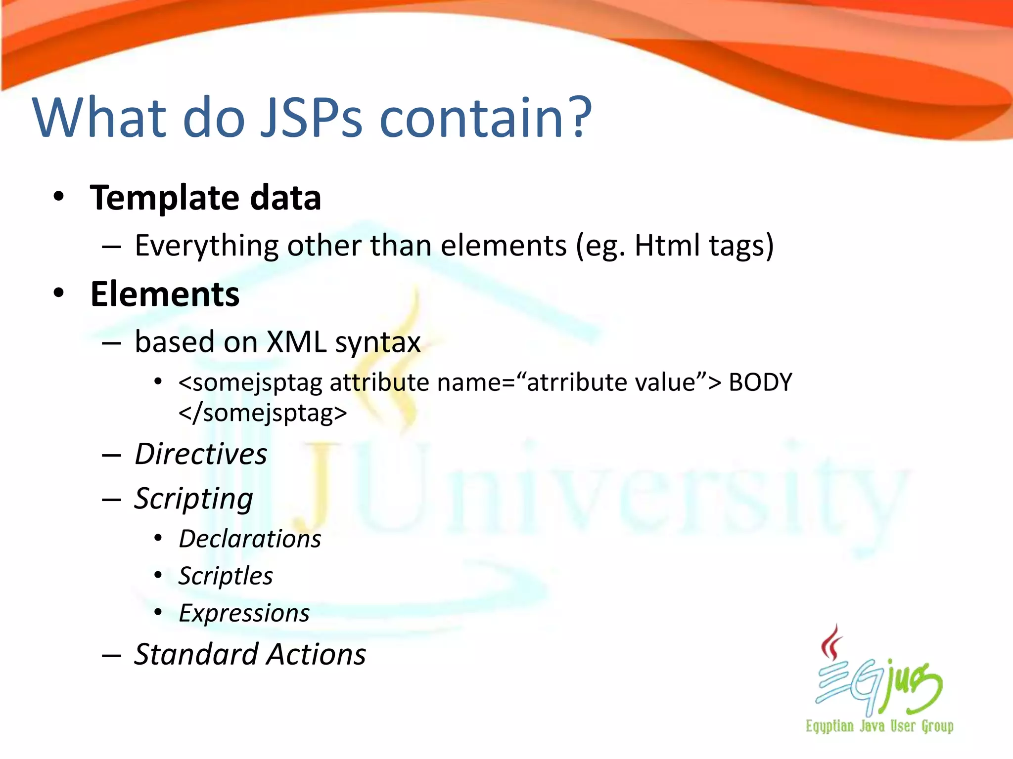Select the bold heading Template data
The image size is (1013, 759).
point(206,198)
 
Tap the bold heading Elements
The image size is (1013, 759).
point(165,294)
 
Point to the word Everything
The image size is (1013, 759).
point(207,246)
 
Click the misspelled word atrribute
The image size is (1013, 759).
point(570,382)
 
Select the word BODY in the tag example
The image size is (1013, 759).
point(760,382)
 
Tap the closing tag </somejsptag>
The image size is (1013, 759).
point(263,413)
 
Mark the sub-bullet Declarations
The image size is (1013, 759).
point(250,539)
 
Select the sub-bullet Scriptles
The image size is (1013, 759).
point(226,576)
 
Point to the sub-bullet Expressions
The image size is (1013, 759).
point(244,613)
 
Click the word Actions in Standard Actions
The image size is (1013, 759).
point(317,654)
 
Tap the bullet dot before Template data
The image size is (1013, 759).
point(59,197)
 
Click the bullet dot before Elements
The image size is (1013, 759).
point(59,293)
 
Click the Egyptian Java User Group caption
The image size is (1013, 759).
point(879,726)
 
